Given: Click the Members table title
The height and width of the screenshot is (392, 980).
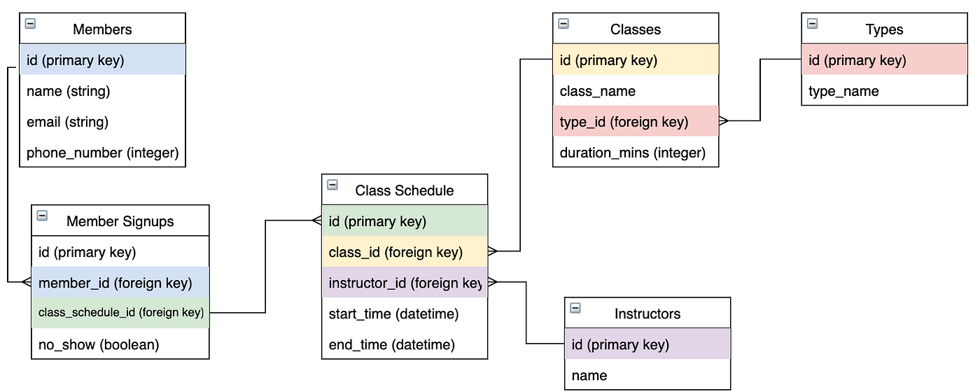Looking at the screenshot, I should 102,29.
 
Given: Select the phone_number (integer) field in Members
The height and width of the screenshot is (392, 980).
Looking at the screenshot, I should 102,152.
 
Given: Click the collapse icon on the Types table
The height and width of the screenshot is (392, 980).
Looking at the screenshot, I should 812,24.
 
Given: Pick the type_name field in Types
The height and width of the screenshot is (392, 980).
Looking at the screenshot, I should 843,91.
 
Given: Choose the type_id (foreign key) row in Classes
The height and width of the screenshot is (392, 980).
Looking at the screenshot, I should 624,122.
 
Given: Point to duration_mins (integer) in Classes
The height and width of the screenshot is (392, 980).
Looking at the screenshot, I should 632,152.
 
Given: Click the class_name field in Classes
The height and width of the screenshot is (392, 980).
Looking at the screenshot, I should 597,91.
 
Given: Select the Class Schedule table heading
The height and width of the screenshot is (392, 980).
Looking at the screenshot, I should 404,190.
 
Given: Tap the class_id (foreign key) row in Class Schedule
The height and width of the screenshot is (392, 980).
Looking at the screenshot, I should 395,252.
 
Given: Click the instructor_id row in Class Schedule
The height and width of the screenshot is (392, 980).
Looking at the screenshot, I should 405,283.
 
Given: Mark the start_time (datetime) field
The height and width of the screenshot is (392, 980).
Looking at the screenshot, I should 393,314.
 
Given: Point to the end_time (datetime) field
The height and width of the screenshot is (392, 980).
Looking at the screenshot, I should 391,344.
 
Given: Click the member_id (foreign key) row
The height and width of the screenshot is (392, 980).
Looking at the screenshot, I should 115,283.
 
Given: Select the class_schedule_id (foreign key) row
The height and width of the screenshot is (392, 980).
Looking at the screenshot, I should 120,312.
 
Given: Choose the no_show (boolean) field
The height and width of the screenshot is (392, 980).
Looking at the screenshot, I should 99,344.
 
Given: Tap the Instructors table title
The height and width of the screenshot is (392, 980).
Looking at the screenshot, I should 647,314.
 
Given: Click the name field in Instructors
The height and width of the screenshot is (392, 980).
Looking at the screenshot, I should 589,375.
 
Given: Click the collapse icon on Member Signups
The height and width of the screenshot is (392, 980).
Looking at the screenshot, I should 42,216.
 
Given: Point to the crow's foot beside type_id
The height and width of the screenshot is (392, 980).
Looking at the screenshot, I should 724,121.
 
